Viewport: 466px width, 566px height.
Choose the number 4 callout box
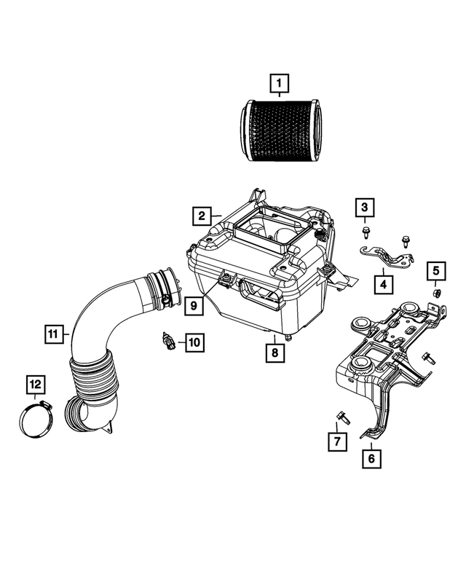pos(382,283)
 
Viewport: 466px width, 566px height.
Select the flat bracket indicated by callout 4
pos(387,256)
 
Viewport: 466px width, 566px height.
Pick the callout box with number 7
pos(336,441)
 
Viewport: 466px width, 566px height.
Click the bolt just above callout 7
pos(341,417)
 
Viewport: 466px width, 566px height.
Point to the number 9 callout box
pos(193,305)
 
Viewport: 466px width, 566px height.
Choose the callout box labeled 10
pos(194,340)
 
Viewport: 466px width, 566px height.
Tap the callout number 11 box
pos(52,334)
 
